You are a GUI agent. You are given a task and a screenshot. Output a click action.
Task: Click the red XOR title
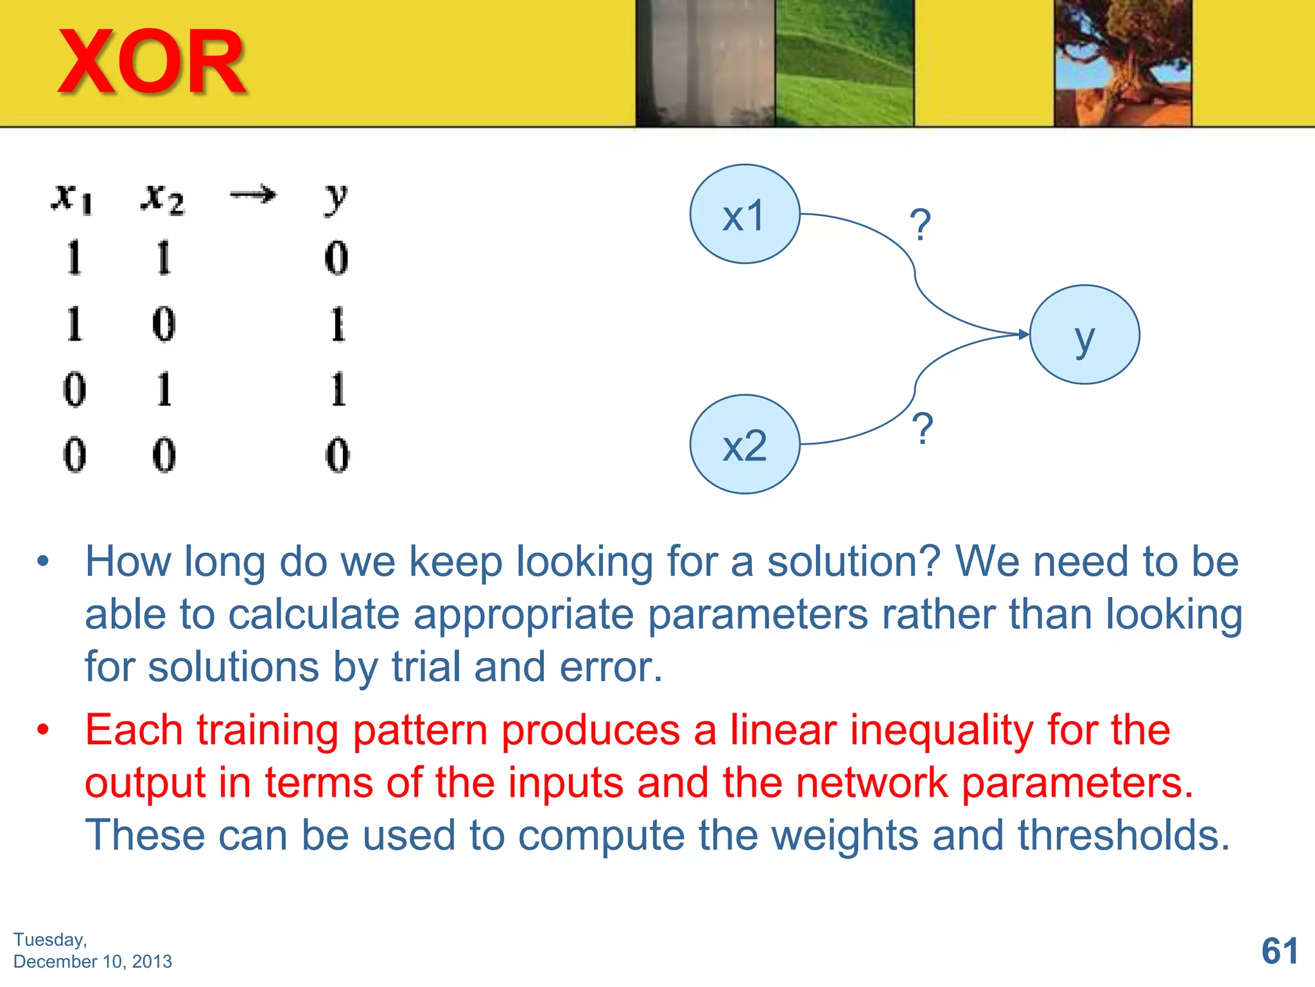click(x=152, y=62)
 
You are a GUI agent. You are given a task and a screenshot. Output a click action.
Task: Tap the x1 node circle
click(x=744, y=214)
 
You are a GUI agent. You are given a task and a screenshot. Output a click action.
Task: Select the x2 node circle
click(x=744, y=444)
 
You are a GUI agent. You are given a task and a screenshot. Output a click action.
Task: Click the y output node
click(x=1084, y=335)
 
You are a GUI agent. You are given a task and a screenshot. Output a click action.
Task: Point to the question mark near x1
click(x=920, y=225)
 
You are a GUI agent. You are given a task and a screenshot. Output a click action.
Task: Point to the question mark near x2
click(x=922, y=429)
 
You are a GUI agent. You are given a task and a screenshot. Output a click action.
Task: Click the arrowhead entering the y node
click(x=1023, y=334)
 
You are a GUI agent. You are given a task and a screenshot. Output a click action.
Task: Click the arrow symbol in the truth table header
click(x=253, y=194)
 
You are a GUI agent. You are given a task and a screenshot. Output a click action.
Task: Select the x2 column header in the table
click(x=162, y=198)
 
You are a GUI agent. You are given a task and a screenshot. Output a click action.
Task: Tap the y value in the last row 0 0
click(x=337, y=455)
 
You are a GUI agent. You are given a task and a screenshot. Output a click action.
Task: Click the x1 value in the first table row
click(x=74, y=258)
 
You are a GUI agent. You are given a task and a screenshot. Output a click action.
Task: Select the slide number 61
click(x=1279, y=950)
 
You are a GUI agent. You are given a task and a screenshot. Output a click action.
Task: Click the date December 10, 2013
click(x=92, y=961)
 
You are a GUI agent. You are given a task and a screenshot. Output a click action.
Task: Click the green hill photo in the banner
click(x=844, y=62)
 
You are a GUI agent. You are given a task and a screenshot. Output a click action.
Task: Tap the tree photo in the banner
click(x=1122, y=62)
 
